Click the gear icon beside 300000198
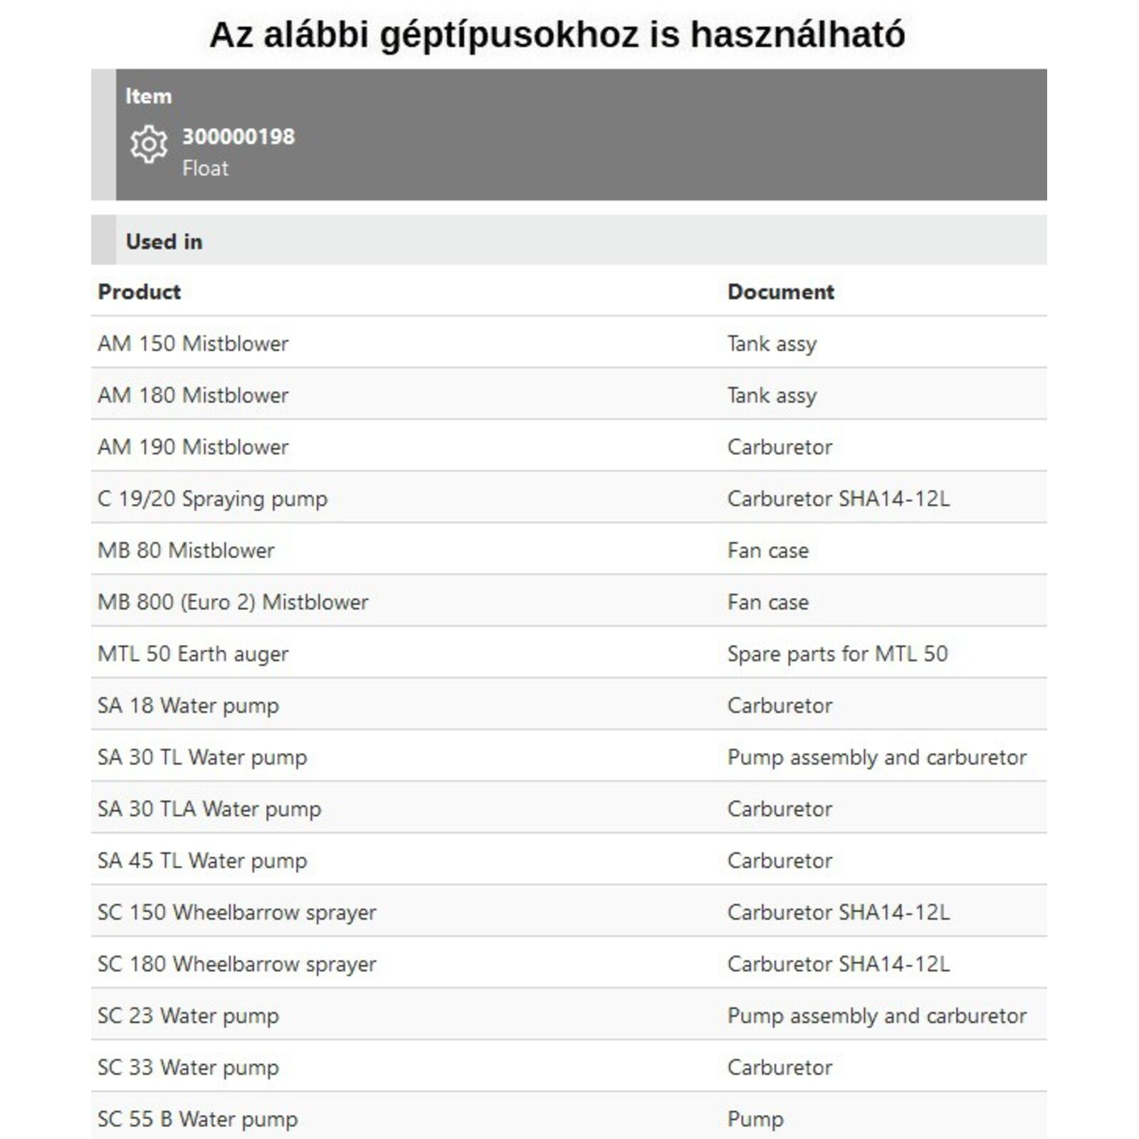(149, 145)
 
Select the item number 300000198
(238, 136)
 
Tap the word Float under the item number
(205, 169)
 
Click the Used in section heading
(164, 241)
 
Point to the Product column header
(139, 292)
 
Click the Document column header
(780, 292)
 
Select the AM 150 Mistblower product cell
(193, 344)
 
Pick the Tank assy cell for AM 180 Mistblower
(772, 396)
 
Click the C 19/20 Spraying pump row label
(212, 499)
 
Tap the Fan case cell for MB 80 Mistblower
(767, 550)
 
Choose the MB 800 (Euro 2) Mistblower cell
(233, 602)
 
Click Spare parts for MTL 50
(837, 654)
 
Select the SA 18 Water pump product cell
(188, 705)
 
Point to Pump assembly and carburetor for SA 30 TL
(876, 757)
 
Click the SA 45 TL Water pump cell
(202, 861)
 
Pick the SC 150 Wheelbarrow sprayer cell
(236, 913)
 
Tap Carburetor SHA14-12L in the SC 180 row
(838, 964)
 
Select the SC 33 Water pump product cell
(188, 1068)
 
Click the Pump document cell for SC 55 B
(755, 1119)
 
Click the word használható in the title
(797, 34)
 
